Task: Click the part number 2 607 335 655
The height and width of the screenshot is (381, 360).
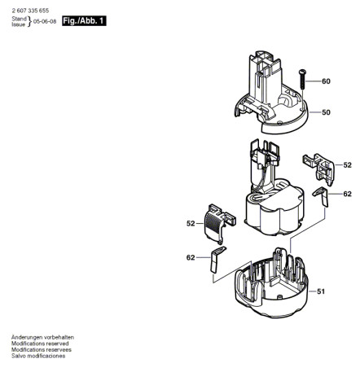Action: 30,7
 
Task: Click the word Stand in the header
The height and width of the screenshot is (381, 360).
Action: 19,17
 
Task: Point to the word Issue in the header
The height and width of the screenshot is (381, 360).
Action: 18,23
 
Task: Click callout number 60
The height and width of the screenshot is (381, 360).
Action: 326,81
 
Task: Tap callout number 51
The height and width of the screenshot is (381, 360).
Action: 321,291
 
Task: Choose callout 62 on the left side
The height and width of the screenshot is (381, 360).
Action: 191,257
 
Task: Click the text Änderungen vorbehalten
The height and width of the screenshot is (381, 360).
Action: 43,337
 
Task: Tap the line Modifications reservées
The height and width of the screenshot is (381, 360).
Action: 43,350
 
